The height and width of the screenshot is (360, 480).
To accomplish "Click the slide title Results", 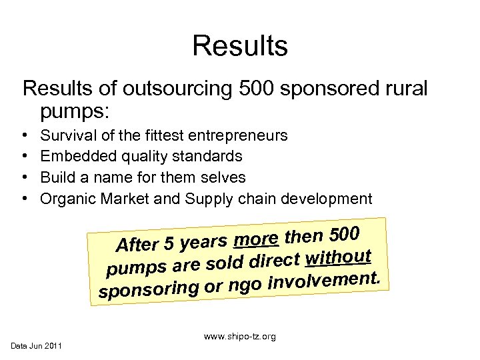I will click(240, 46).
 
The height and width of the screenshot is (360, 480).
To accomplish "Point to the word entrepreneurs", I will click(239, 136).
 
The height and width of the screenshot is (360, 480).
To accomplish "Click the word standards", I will click(211, 157).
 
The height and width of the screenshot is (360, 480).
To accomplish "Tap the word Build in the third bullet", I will click(57, 177).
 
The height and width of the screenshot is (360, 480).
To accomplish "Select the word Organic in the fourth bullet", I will click(68, 198).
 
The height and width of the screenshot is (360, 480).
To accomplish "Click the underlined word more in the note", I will click(257, 239).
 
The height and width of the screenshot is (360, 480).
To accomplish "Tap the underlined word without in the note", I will click(340, 257).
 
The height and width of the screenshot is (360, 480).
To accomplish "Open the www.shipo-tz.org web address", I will click(241, 337).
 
